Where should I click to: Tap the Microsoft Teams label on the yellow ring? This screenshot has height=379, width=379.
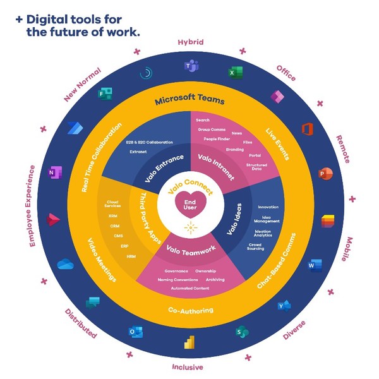(x=189, y=100)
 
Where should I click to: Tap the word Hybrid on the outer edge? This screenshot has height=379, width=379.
(x=190, y=42)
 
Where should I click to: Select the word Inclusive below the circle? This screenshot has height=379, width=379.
(x=188, y=367)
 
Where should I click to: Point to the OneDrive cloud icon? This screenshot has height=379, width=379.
(x=66, y=264)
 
